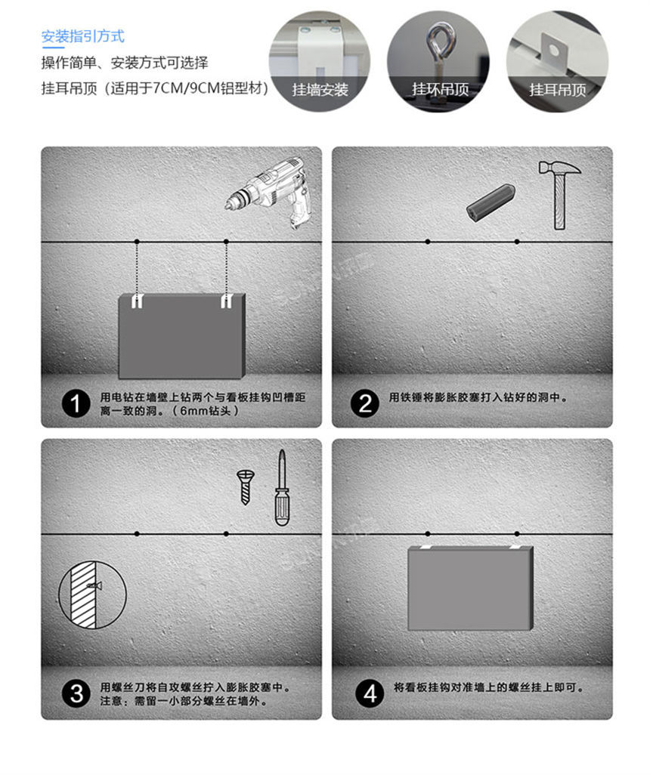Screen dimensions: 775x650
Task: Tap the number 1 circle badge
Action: click(76, 403)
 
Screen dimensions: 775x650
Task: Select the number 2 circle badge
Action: click(365, 403)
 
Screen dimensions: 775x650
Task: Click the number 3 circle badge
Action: click(76, 693)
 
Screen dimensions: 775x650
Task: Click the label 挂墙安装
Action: click(320, 90)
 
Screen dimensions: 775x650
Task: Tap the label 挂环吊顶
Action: click(440, 90)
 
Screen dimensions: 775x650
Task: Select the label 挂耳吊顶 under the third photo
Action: click(557, 90)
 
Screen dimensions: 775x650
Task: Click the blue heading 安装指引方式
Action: click(82, 36)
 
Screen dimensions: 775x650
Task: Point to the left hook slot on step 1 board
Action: click(136, 301)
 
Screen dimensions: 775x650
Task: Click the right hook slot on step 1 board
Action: click(225, 301)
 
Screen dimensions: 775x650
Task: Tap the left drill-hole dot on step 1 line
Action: click(136, 242)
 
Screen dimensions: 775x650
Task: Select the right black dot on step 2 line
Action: click(516, 242)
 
